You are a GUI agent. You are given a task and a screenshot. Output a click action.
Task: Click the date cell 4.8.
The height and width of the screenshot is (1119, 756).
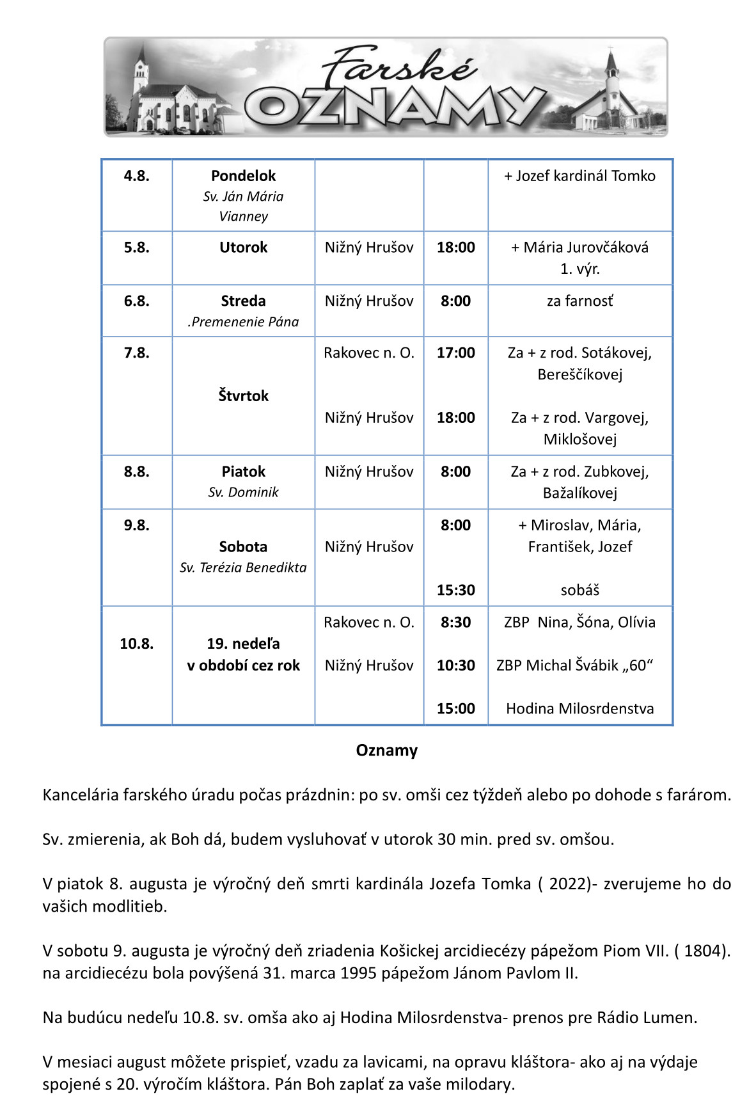coord(136,176)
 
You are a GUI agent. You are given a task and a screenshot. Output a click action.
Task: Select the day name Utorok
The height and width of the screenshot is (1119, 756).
coord(243,248)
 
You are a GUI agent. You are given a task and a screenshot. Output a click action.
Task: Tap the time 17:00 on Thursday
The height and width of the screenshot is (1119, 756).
coord(455,353)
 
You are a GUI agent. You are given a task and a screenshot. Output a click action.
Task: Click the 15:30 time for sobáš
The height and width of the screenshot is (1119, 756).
coord(455,590)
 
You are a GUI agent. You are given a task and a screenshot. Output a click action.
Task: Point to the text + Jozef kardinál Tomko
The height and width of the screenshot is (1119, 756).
coord(579,176)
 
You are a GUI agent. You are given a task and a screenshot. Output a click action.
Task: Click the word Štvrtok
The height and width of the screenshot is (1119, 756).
coord(243,396)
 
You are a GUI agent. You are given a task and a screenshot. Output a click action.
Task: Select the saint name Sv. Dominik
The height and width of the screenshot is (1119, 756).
coord(243,492)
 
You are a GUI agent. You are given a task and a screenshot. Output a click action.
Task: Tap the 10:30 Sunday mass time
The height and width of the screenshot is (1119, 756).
coord(455,665)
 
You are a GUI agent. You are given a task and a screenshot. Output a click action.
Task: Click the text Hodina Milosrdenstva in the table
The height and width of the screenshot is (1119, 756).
coord(579,708)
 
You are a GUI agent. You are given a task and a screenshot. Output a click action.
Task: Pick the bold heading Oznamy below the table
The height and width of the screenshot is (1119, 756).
coord(386,750)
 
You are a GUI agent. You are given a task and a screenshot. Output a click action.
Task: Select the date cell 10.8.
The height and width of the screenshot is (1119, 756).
coord(136,644)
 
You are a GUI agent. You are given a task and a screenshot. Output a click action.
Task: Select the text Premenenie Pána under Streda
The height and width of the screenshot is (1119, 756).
coord(245,322)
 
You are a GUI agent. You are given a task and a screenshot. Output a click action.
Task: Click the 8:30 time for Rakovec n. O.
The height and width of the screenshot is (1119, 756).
coord(455,623)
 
